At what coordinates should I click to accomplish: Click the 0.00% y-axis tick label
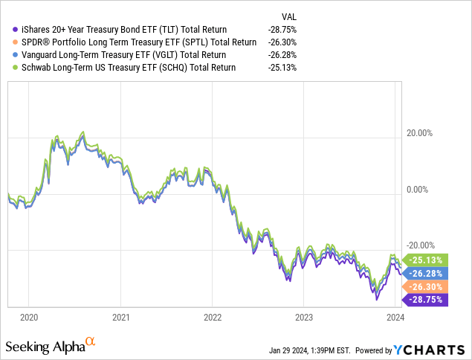point(422,190)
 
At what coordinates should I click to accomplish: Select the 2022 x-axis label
point(212,315)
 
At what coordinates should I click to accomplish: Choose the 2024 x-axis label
point(395,315)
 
